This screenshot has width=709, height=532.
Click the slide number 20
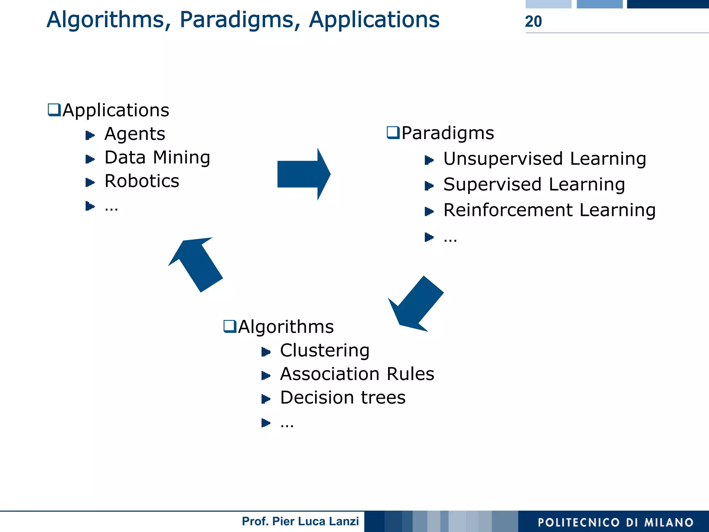pos(533,21)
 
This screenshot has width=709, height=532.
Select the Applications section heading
pos(116,110)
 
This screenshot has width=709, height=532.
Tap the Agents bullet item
pos(135,134)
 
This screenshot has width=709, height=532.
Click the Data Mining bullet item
pos(157,157)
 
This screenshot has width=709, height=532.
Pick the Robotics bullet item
pos(142,181)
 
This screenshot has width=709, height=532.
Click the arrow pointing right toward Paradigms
pos(303,174)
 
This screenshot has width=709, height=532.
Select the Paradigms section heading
pos(447,133)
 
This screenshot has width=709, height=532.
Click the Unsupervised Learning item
pos(545,159)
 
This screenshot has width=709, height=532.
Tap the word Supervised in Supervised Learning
pos(492,184)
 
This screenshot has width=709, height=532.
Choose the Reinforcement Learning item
pos(549,210)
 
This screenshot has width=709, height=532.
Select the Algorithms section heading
pos(286,327)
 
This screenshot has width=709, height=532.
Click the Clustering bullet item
pos(324,351)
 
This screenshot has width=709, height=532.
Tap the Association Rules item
pos(357,374)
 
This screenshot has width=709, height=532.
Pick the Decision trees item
pos(343,398)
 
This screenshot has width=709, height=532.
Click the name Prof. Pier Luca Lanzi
pos(300,521)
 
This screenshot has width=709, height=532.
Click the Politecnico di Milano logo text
pos(615,522)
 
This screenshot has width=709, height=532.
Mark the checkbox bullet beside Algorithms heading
pos(230,326)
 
